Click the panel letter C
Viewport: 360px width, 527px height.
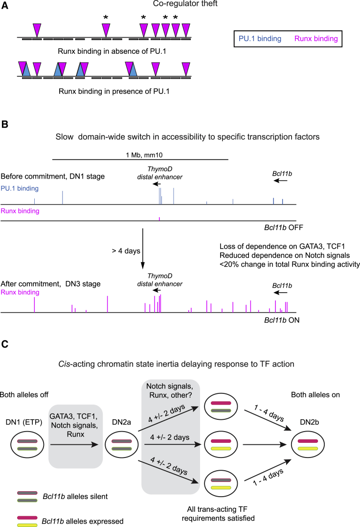[x=5, y=344]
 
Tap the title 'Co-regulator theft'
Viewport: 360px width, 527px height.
[x=179, y=5]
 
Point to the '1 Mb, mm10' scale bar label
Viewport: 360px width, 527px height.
[x=140, y=153]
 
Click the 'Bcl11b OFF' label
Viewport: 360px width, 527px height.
[x=279, y=228]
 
